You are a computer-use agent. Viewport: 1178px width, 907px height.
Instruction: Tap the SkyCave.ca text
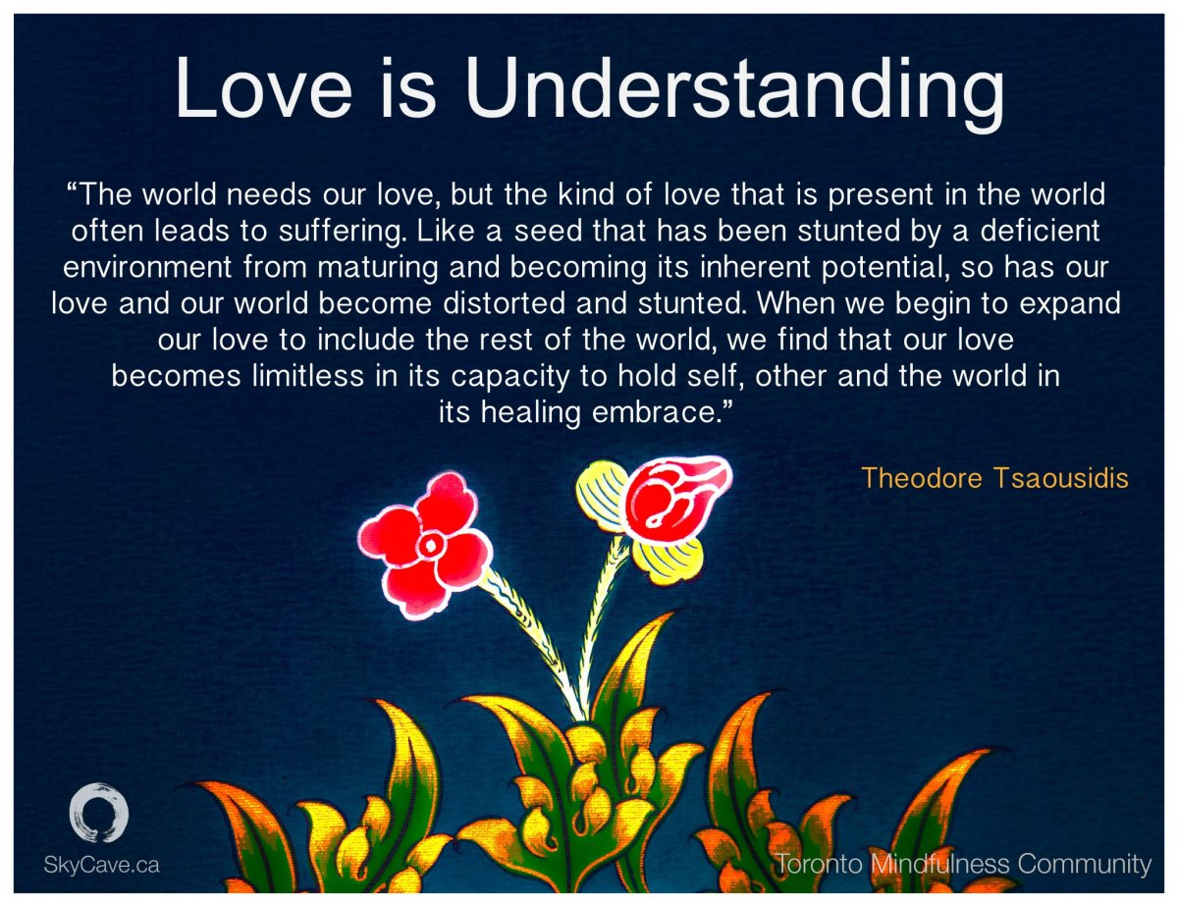click(101, 865)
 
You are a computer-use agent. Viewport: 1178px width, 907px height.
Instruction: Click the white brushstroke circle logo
click(99, 813)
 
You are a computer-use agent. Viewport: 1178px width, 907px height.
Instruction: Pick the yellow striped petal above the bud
click(600, 496)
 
